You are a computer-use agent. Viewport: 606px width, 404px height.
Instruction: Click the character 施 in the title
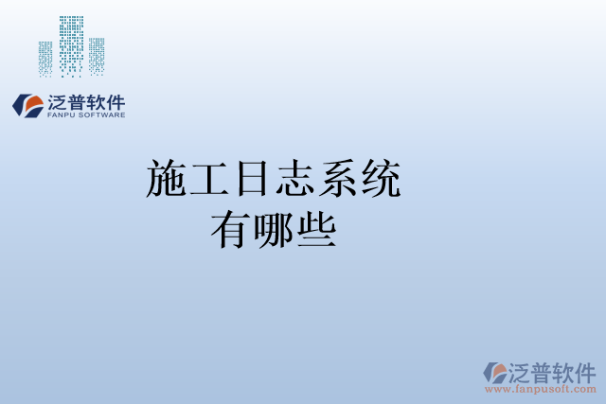click(168, 180)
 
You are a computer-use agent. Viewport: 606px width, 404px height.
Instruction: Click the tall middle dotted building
click(72, 44)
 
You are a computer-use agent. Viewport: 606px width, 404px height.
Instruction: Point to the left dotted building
click(45, 58)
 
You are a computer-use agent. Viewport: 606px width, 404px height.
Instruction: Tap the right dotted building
click(97, 56)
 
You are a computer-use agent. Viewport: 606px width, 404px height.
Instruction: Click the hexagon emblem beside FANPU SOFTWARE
click(27, 104)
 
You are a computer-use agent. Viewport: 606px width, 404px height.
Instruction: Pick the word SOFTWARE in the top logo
click(101, 115)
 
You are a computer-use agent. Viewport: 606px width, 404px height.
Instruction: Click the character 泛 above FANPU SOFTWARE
click(56, 101)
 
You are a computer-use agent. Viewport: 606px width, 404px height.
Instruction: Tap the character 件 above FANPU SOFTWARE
click(115, 101)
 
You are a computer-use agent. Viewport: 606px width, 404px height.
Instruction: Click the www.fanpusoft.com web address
click(542, 388)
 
